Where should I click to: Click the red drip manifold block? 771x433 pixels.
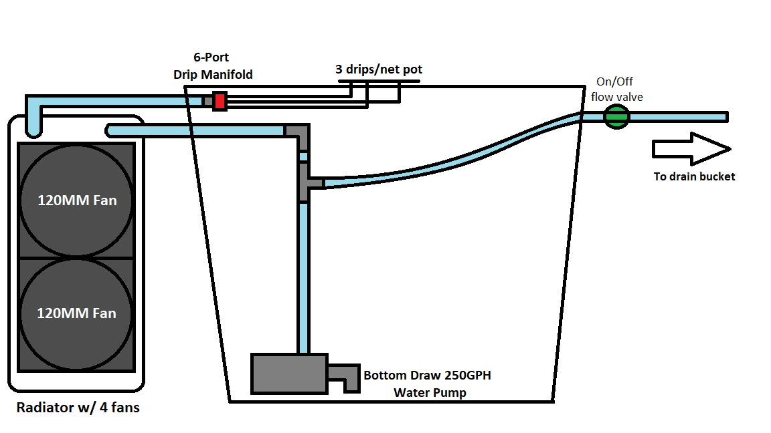click(x=219, y=101)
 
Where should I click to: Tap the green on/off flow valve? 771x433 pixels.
click(x=616, y=117)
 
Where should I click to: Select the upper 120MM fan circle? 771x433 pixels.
click(x=77, y=200)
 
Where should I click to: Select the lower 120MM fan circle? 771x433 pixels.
click(x=77, y=313)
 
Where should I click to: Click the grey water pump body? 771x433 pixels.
click(x=289, y=374)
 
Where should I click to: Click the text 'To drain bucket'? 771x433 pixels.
click(x=694, y=176)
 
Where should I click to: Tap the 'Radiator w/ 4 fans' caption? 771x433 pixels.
click(x=78, y=407)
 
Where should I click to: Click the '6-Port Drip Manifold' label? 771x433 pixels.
click(x=212, y=66)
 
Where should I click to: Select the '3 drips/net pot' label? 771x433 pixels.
click(x=379, y=69)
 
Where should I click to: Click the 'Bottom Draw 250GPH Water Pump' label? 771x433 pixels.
click(x=426, y=384)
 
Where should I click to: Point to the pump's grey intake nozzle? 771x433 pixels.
click(x=345, y=377)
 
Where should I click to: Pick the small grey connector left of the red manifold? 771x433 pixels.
click(x=208, y=101)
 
